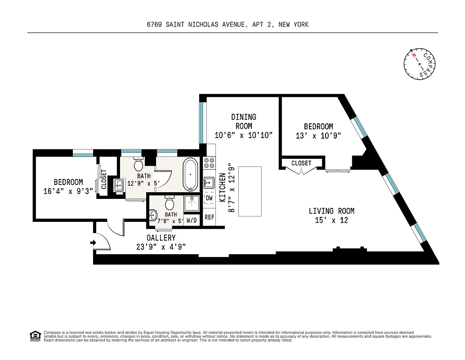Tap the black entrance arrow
[x=93, y=243]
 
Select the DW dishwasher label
[x=209, y=198]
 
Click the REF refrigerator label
[x=209, y=217]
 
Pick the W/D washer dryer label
[x=192, y=220]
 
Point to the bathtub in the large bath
[x=191, y=175]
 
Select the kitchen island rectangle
[x=250, y=191]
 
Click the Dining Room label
[x=244, y=121]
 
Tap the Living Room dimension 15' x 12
[x=331, y=220]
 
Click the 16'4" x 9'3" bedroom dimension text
[x=68, y=191]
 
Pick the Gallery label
[x=161, y=238]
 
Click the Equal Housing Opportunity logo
[x=34, y=336]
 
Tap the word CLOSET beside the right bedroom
[x=301, y=163]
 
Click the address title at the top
[x=228, y=25]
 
